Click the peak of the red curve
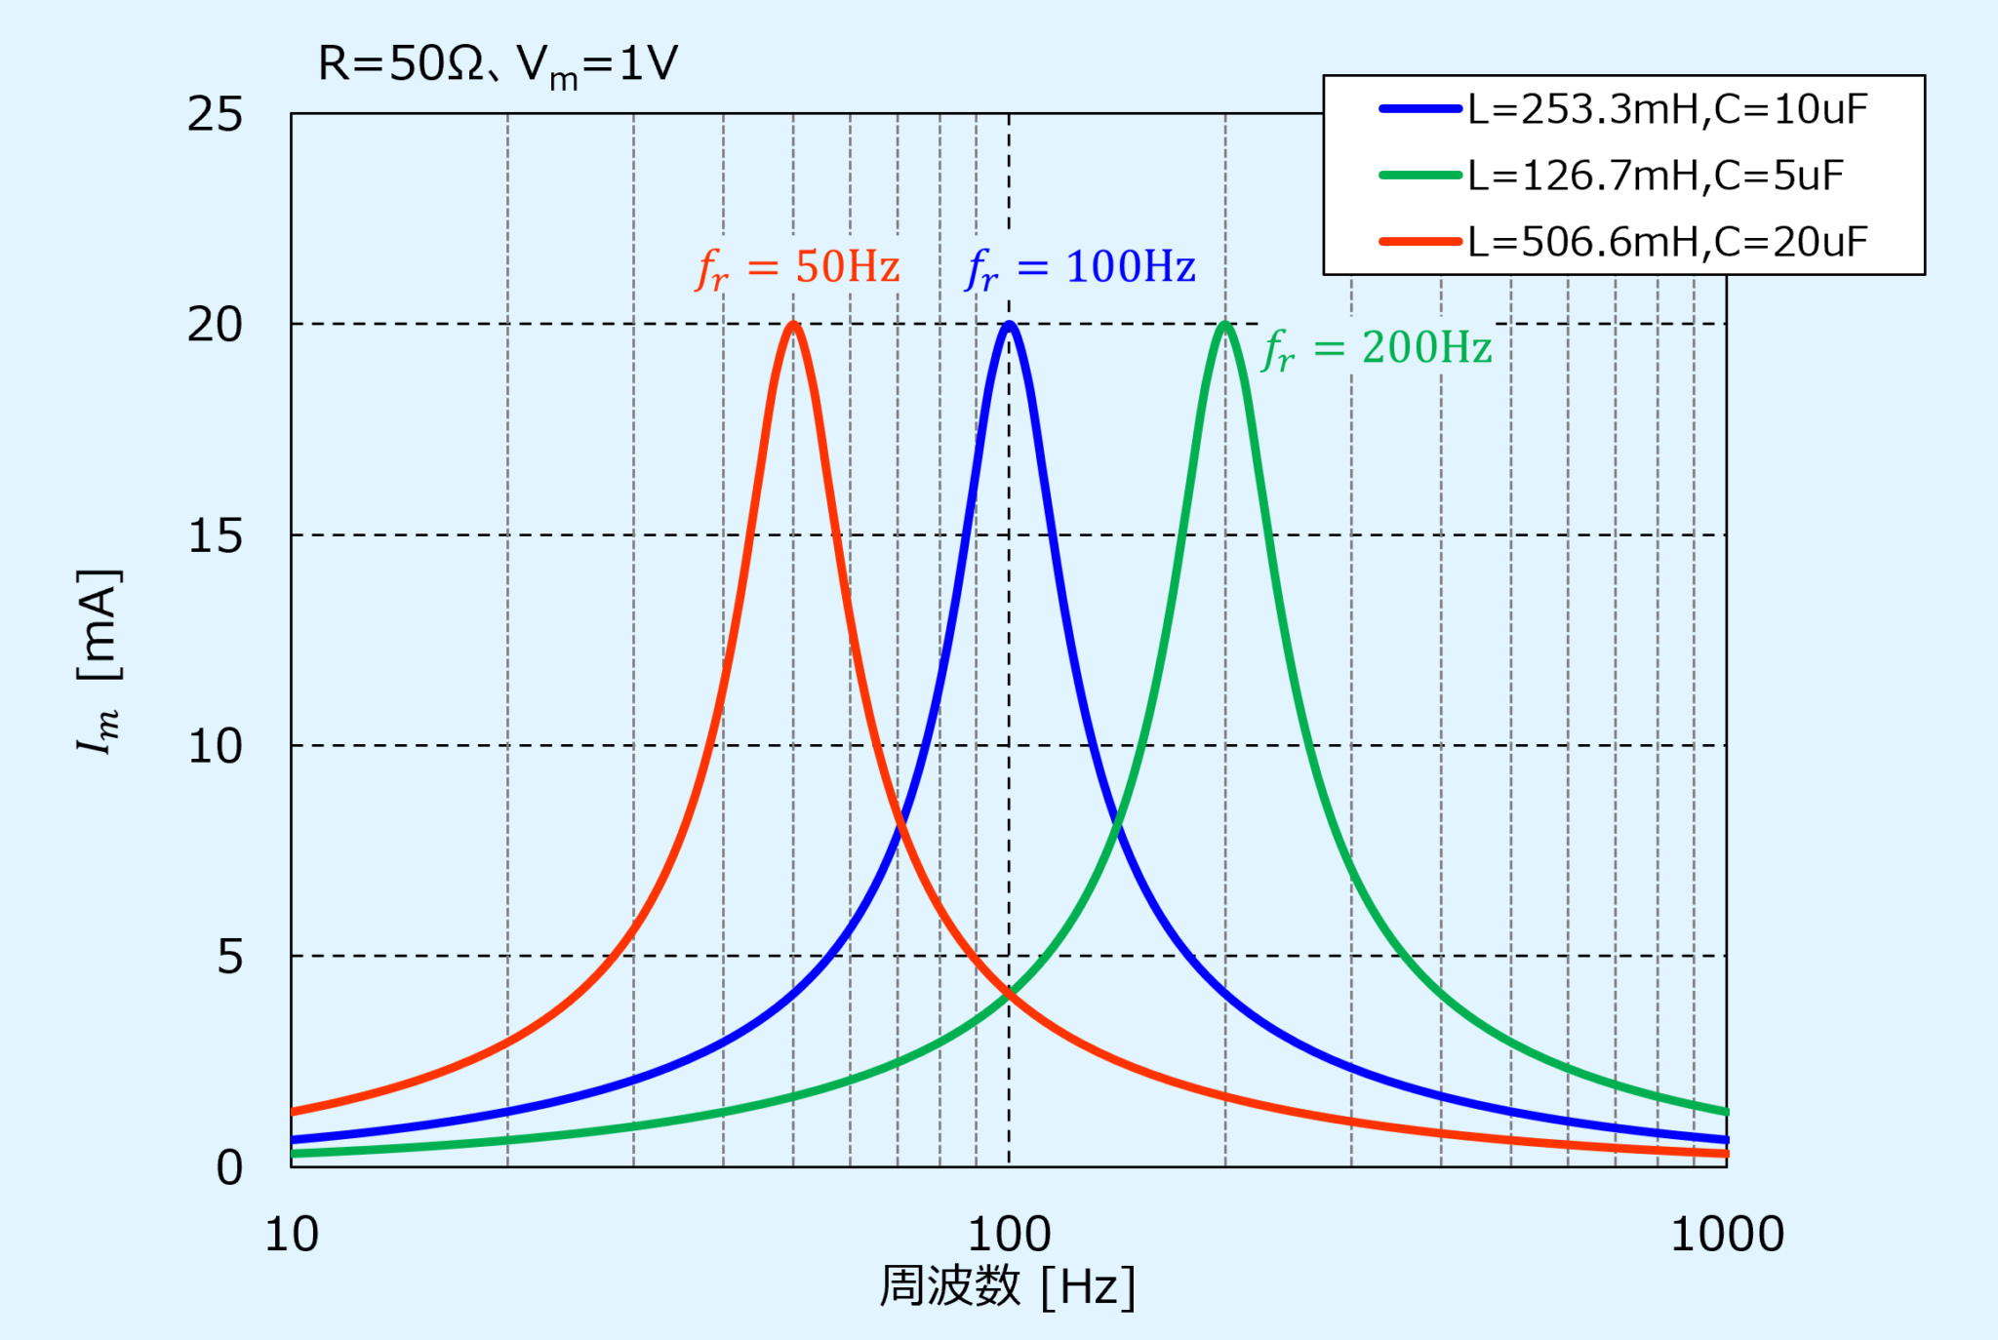[x=793, y=325]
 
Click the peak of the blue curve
[x=1010, y=325]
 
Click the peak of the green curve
[x=1225, y=325]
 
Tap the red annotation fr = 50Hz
[x=798, y=268]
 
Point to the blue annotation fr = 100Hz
[x=1081, y=268]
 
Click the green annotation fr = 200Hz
[x=1378, y=349]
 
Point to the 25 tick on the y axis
[x=215, y=115]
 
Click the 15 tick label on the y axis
[x=215, y=535]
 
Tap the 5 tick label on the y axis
[x=229, y=957]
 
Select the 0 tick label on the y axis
[x=229, y=1167]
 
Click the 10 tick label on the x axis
[x=292, y=1235]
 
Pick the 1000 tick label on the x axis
[x=1727, y=1235]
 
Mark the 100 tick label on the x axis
[x=1009, y=1235]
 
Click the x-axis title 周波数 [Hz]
[x=1008, y=1287]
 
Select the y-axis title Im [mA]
[x=100, y=660]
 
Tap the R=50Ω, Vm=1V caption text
[x=498, y=66]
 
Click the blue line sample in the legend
[x=1420, y=109]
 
